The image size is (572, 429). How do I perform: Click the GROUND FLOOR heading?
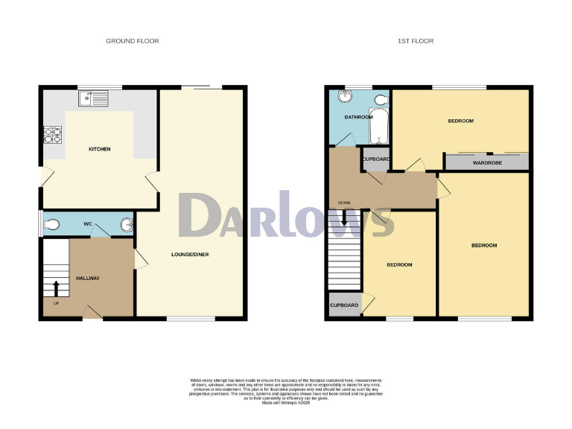point(133,41)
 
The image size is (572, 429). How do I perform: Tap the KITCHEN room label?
point(100,150)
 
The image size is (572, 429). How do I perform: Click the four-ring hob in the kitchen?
point(54,135)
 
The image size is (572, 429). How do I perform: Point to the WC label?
point(87,223)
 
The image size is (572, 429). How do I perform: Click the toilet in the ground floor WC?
point(51,223)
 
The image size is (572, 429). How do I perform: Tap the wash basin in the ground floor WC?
point(125,223)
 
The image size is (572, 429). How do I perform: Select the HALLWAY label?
point(88,279)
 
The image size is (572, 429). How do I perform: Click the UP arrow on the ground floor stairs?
point(57,288)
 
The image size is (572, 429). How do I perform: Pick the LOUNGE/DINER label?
point(191,255)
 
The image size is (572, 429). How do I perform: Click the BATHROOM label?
point(358,118)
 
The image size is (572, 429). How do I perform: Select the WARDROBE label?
point(486,161)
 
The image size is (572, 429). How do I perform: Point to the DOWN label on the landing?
point(344,203)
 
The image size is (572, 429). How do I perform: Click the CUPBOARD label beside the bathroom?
point(376,159)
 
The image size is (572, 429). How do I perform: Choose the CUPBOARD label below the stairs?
point(345,305)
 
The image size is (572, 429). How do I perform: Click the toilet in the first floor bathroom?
point(381,100)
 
